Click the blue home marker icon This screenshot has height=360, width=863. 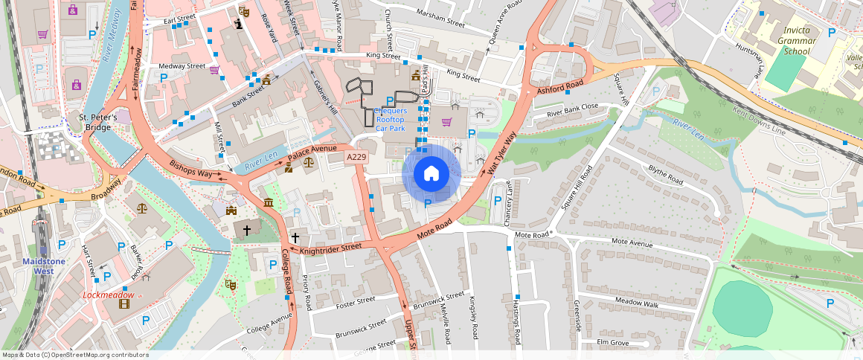[x=431, y=173]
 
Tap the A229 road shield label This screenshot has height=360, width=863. [x=356, y=157]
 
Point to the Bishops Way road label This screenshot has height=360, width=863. [x=191, y=170]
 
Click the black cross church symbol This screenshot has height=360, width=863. [x=295, y=237]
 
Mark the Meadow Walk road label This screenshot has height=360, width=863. [x=636, y=303]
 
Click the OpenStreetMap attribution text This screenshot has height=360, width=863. [x=76, y=355]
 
